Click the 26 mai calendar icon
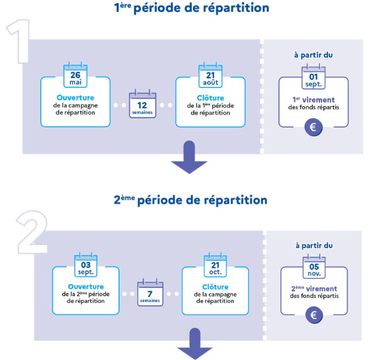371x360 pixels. pos(76,76)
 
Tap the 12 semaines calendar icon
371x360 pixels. pos(142,104)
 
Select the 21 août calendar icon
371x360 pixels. pos(210,76)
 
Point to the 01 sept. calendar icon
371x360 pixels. pos(313,76)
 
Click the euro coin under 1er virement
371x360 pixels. pos(313,128)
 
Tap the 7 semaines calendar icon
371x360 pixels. pos(150,293)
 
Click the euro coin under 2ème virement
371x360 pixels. pos(313,315)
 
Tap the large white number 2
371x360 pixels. pos(30,233)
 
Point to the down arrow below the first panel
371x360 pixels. pos(189,158)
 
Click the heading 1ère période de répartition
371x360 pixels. pos(191,8)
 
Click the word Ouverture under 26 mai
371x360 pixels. pos(76,98)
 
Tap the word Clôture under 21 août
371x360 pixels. pos(210,98)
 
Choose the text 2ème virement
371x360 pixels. pos(314,289)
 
